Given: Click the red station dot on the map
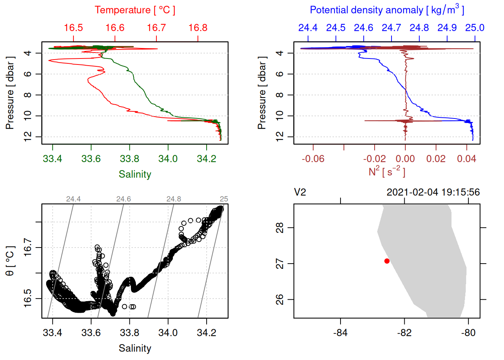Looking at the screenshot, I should (x=387, y=261).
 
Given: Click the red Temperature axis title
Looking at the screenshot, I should (x=135, y=10).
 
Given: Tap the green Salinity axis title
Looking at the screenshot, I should (x=135, y=174).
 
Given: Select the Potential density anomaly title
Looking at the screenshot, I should (x=387, y=10).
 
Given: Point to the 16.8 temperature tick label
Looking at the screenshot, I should (x=198, y=28).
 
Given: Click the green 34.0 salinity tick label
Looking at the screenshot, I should (x=168, y=159).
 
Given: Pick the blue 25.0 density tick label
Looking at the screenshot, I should (x=475, y=28).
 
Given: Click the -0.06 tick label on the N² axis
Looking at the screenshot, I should (x=313, y=159).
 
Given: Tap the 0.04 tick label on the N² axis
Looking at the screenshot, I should (x=466, y=159).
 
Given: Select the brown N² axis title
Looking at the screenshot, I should (x=387, y=171).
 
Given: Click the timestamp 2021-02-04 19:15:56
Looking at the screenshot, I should (x=433, y=192).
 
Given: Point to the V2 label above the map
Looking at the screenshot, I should (x=300, y=192).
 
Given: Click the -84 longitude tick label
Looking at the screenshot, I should (x=340, y=333).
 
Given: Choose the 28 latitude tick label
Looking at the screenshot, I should (x=280, y=228).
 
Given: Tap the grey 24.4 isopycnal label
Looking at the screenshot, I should (x=73, y=199).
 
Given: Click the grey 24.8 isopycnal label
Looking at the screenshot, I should (x=174, y=199).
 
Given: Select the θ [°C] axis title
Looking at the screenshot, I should (x=10, y=261).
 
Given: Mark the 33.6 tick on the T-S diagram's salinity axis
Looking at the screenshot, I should (x=91, y=333).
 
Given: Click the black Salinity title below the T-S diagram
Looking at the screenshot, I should (x=135, y=348).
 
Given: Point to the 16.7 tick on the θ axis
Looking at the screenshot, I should (x=28, y=247).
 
